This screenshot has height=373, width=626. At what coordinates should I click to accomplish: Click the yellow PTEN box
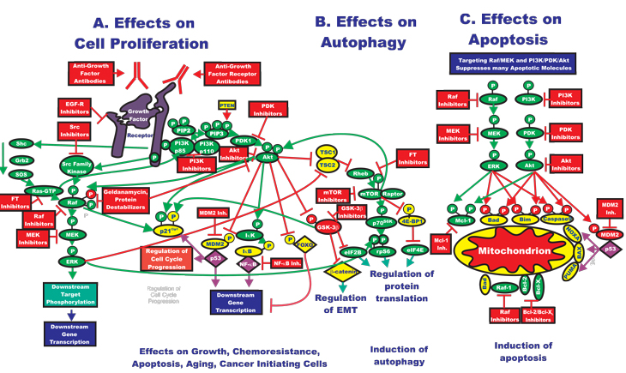pos(227,105)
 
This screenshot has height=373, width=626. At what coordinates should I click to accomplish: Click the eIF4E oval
pos(413,250)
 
